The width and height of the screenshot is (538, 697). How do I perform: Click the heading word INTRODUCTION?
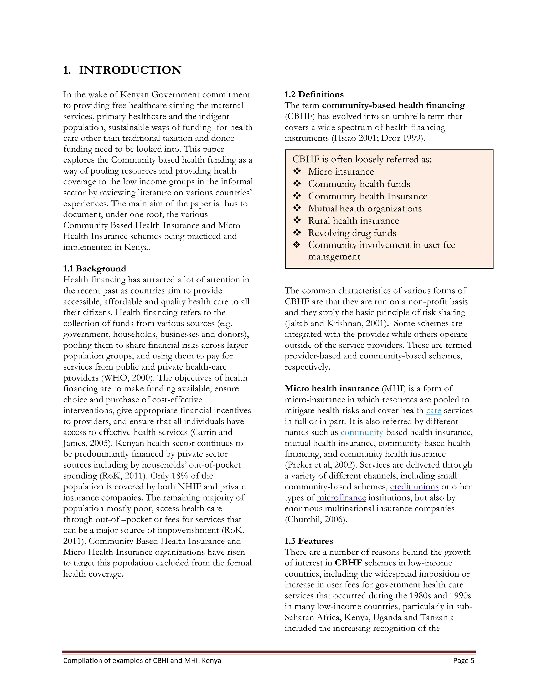pos(130,70)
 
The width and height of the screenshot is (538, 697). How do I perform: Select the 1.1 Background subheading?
pos(94,269)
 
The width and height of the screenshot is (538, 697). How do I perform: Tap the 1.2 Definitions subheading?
pos(314,94)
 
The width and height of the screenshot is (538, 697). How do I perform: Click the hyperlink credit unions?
pos(414,487)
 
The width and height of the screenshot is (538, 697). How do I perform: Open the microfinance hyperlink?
pos(341,498)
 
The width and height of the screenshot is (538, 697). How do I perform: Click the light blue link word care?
pos(433,410)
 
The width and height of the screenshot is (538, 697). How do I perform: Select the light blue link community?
pos(361,432)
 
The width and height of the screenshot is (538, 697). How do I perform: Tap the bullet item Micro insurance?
pos(341,172)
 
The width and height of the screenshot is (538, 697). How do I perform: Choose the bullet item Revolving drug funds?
pos(352,233)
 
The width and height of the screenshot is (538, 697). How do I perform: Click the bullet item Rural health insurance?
pos(353,221)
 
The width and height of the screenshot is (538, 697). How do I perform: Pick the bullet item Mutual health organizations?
pos(365,208)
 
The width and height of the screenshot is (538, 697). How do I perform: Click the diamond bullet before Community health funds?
pos(297,184)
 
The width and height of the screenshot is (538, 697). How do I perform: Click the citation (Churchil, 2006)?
pos(315,519)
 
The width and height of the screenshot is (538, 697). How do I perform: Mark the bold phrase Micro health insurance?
pos(332,389)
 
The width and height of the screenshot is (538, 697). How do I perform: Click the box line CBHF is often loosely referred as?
pos(361,159)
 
